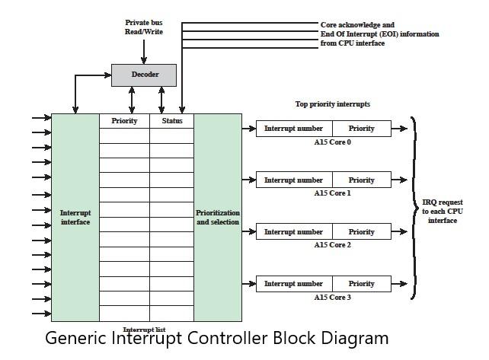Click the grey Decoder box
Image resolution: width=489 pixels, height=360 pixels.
click(x=145, y=75)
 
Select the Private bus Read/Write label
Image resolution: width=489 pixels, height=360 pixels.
click(x=144, y=27)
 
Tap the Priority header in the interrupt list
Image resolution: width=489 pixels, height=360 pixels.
click(x=124, y=121)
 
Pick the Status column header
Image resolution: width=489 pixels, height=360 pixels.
click(x=172, y=121)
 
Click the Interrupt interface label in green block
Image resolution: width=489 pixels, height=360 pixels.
click(x=75, y=218)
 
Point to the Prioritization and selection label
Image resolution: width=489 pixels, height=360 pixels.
click(x=218, y=218)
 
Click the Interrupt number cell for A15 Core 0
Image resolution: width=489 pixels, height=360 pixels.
click(x=294, y=129)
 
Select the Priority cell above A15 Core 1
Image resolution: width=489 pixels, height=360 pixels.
click(x=362, y=180)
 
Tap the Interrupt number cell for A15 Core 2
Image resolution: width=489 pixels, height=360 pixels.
click(x=294, y=232)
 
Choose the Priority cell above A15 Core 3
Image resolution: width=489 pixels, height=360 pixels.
click(x=362, y=284)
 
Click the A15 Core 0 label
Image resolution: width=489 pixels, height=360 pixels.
click(x=333, y=142)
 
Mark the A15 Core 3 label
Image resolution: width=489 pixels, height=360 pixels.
click(x=333, y=297)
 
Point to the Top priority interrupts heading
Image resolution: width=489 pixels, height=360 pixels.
click(x=332, y=104)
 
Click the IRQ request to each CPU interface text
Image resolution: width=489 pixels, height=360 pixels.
click(x=443, y=212)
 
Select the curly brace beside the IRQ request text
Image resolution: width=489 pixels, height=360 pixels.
click(x=415, y=207)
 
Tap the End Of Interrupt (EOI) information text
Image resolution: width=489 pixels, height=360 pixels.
click(x=379, y=34)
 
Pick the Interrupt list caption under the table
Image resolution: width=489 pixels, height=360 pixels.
click(x=144, y=329)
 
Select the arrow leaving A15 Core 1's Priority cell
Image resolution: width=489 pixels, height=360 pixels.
click(x=400, y=180)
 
